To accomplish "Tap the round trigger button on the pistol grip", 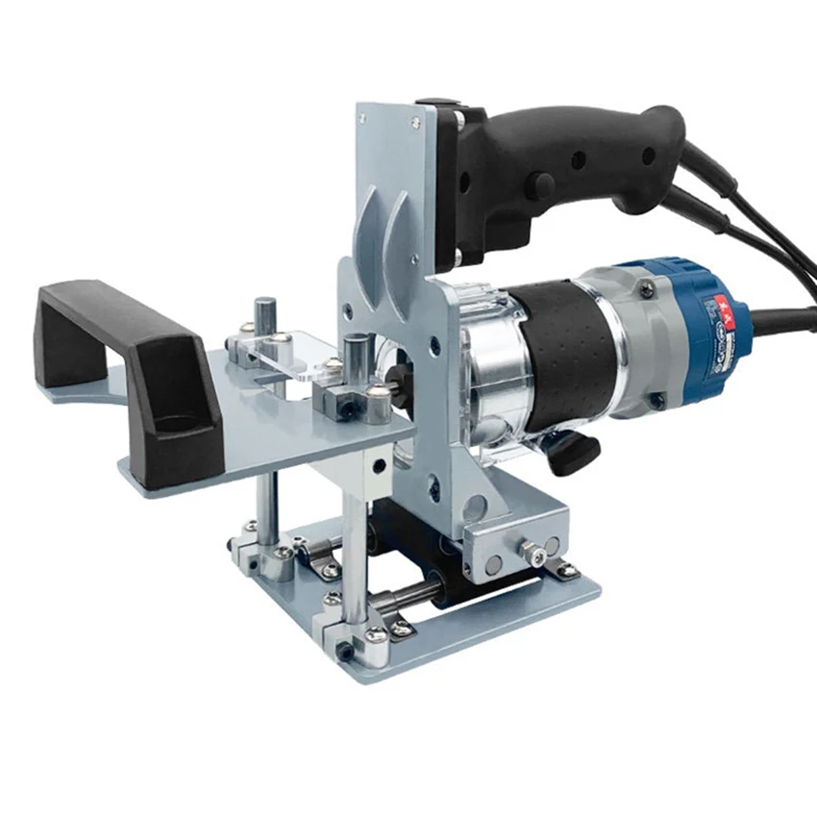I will point(544,186).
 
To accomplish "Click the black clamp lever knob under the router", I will point(577,451).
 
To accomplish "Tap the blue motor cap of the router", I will point(673,327).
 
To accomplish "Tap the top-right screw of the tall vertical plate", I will point(415,122).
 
